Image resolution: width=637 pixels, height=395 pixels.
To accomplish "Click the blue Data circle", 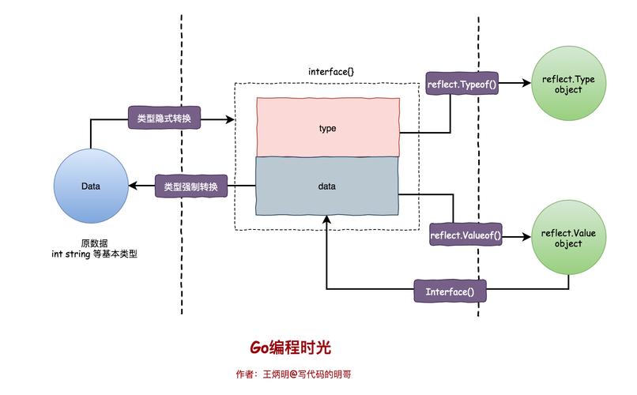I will click(x=90, y=186).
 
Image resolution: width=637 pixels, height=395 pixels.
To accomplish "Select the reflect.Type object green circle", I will click(x=567, y=85).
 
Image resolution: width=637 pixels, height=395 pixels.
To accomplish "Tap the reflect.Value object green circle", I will click(x=567, y=238).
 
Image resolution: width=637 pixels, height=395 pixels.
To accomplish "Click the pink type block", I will click(x=327, y=127).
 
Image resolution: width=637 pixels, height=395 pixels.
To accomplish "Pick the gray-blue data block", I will click(x=327, y=186).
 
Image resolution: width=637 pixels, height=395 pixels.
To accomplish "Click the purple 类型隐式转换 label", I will click(x=164, y=119).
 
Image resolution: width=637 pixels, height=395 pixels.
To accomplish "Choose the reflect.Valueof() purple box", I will click(x=465, y=235).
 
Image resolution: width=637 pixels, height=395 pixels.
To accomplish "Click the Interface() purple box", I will click(x=450, y=292).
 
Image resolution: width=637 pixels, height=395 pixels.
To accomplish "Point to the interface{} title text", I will click(x=330, y=72).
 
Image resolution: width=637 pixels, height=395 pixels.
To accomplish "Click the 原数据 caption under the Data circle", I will click(x=94, y=243).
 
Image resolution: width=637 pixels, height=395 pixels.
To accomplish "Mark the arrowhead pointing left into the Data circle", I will click(x=135, y=186).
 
